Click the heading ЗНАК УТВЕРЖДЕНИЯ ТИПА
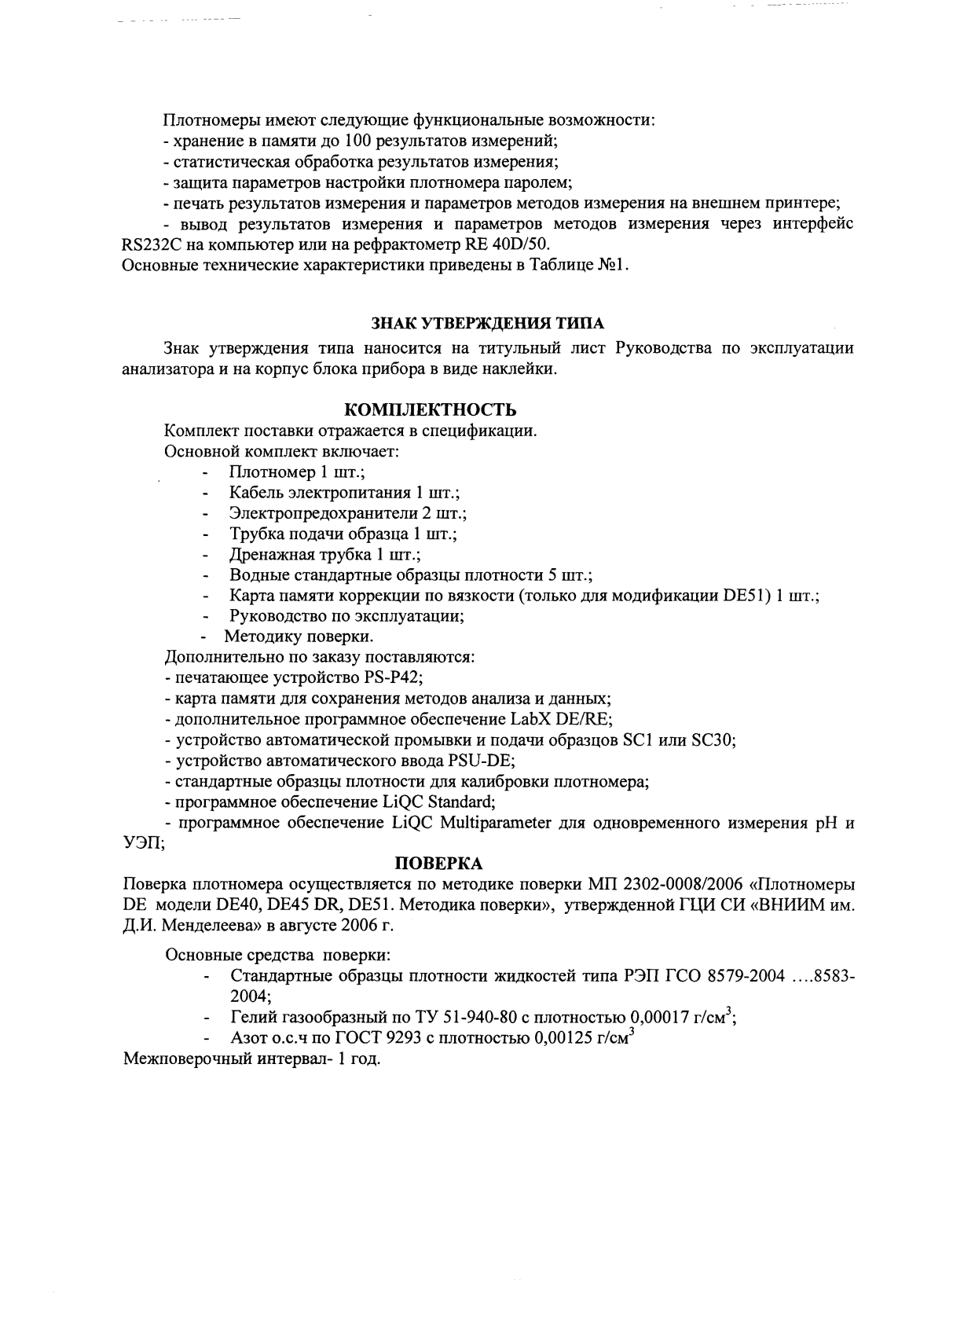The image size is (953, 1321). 488,323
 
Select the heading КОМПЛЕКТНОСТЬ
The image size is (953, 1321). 431,410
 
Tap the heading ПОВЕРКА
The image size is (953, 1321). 438,864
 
